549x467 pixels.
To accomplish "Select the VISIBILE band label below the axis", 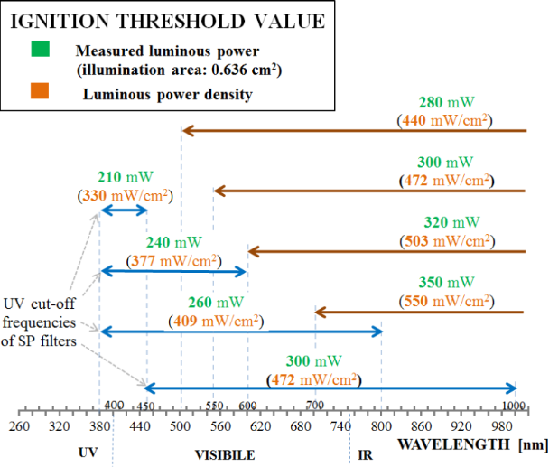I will [225, 454].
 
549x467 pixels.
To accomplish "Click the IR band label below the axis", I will [359, 454].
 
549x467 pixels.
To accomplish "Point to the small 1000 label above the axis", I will [514, 406].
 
